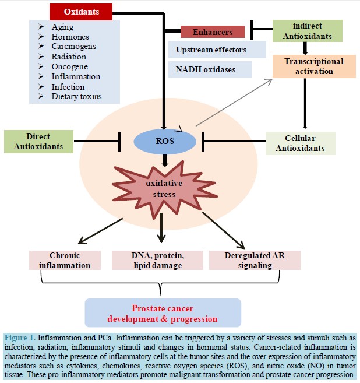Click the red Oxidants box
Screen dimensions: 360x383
coord(81,12)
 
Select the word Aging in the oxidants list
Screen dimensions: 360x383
coord(62,27)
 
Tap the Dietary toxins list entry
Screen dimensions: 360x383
coord(76,96)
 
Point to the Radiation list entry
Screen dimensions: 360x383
coord(69,57)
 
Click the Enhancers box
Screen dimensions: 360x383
coord(213,32)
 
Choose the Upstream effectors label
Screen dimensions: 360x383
coord(211,50)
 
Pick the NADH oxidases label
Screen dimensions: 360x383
coord(206,69)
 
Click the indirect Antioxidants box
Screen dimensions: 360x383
coord(307,31)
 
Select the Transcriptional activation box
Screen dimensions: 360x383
coord(314,66)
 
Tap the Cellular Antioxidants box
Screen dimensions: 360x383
coord(300,143)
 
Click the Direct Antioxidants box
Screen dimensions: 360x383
coord(38,142)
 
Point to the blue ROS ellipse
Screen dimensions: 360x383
coord(165,142)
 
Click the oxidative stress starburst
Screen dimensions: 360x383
coord(164,189)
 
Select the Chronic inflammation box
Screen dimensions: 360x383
coord(65,260)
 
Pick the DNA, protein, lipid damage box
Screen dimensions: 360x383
coord(157,260)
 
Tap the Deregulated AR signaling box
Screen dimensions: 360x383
coord(255,260)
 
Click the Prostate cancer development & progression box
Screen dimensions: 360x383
coord(163,313)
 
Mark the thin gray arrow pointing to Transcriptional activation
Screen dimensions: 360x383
coord(234,103)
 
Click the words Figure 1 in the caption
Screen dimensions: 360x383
coord(20,338)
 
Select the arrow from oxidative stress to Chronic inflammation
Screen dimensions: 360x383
coord(100,231)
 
